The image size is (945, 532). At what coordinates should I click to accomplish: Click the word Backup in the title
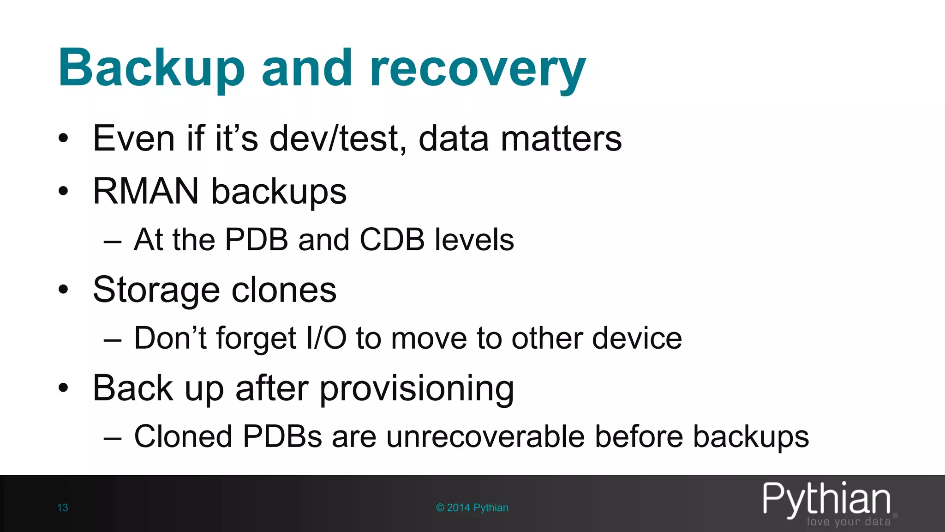(x=151, y=68)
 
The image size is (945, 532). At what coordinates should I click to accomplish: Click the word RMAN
(x=146, y=191)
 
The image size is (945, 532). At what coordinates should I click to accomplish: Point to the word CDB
(x=392, y=240)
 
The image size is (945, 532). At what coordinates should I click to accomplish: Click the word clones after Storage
(x=284, y=290)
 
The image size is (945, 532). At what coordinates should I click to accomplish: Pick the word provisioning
(x=416, y=388)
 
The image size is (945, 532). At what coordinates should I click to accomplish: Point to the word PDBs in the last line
(x=282, y=436)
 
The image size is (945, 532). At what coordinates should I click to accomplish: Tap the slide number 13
(x=63, y=508)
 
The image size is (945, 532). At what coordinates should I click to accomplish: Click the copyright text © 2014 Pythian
(x=472, y=508)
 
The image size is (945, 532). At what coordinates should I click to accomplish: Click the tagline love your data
(x=849, y=522)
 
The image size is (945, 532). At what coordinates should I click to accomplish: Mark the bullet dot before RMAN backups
(x=63, y=191)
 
